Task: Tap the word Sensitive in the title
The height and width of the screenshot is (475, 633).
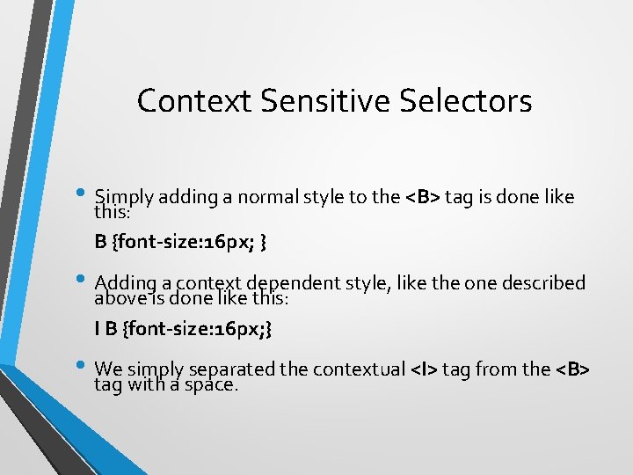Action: (x=324, y=101)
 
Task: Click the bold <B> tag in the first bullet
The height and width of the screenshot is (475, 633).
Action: (x=423, y=197)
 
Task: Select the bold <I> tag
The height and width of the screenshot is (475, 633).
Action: (x=425, y=369)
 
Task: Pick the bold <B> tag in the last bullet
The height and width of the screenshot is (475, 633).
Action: (x=572, y=369)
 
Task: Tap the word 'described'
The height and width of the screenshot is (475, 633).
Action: (x=544, y=283)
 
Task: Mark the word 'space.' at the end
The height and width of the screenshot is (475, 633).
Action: (x=212, y=384)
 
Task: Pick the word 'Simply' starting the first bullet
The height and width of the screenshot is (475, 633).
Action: (x=122, y=197)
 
